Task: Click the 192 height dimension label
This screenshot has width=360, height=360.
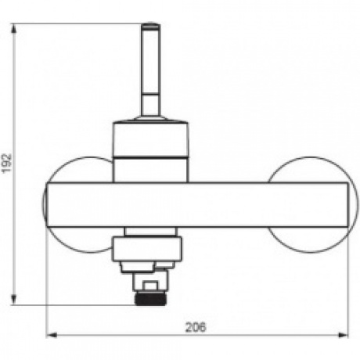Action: [x=6, y=164]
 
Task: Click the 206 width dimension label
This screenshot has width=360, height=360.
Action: [x=196, y=327]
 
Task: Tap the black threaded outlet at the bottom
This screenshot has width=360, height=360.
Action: [x=150, y=299]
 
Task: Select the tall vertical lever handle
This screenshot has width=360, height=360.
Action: [x=150, y=70]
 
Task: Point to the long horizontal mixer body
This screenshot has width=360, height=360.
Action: [x=197, y=205]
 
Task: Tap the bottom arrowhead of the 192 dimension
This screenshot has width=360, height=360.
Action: [x=13, y=300]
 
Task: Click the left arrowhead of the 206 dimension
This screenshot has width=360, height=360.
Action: [x=51, y=335]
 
